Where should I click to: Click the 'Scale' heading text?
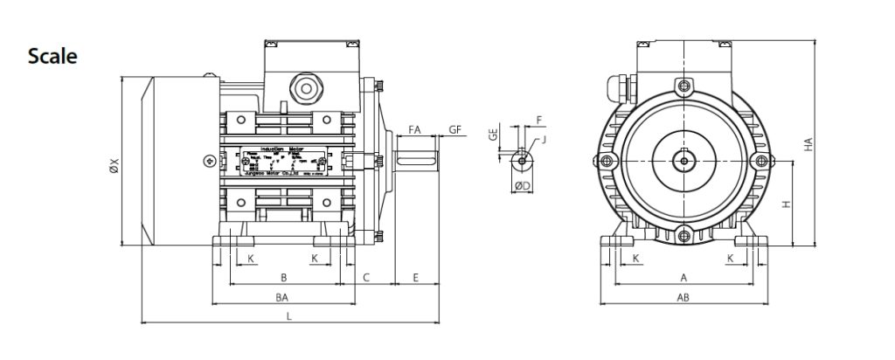pos(52,57)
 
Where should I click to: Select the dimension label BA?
pos(282,298)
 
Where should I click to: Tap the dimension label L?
pos(289,316)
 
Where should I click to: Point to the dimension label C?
pos(367,277)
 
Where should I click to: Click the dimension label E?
pos(416,277)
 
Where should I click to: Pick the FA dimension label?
pos(415,129)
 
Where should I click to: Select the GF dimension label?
pos(455,129)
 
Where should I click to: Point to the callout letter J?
pos(544,139)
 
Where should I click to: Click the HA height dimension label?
pos(808,144)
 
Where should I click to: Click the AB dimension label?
pos(683,298)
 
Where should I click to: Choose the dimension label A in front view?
pos(683,277)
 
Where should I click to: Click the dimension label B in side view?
pos(283,277)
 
